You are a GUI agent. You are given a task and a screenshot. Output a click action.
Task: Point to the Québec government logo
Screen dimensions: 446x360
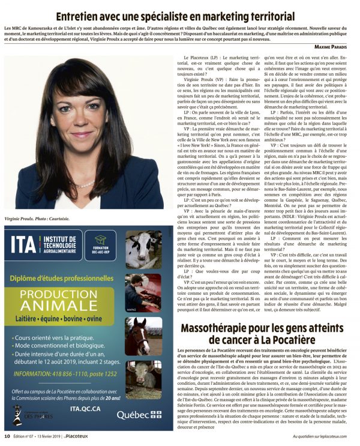tap(139, 414)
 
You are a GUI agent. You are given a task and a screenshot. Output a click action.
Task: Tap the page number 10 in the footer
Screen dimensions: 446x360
tap(7, 436)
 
